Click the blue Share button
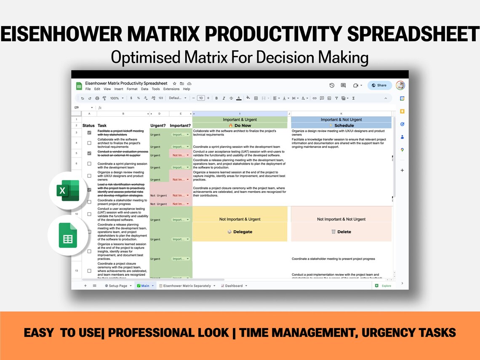pyautogui.click(x=379, y=85)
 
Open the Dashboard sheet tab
pyautogui.click(x=234, y=286)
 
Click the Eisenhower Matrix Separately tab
pyautogui.click(x=187, y=286)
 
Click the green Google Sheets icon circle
pyautogui.click(x=68, y=236)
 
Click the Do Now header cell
pyautogui.click(x=240, y=125)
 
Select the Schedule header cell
pyautogui.click(x=341, y=125)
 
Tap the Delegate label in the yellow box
pyautogui.click(x=240, y=232)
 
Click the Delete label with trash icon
pyautogui.click(x=341, y=232)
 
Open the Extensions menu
pyautogui.click(x=171, y=89)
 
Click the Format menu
pyautogui.click(x=132, y=89)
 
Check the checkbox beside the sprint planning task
pyautogui.click(x=89, y=164)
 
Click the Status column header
pyautogui.click(x=89, y=125)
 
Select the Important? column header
pyautogui.click(x=180, y=125)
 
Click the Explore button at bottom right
pyautogui.click(x=384, y=286)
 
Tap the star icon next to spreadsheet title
pyautogui.click(x=174, y=84)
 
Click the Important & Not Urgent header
pyautogui.click(x=341, y=120)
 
